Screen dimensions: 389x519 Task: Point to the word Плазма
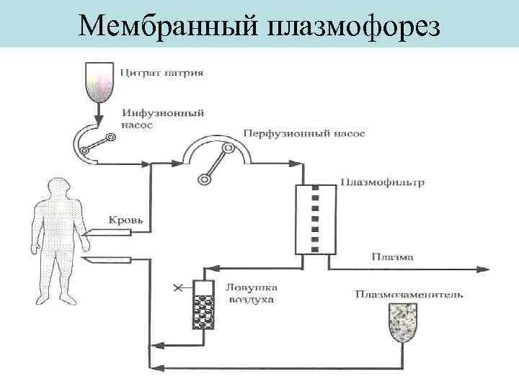(x=392, y=256)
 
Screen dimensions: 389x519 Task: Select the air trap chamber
(x=205, y=305)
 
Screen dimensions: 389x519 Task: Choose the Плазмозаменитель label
(x=409, y=294)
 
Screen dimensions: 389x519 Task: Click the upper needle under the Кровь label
(x=107, y=233)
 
